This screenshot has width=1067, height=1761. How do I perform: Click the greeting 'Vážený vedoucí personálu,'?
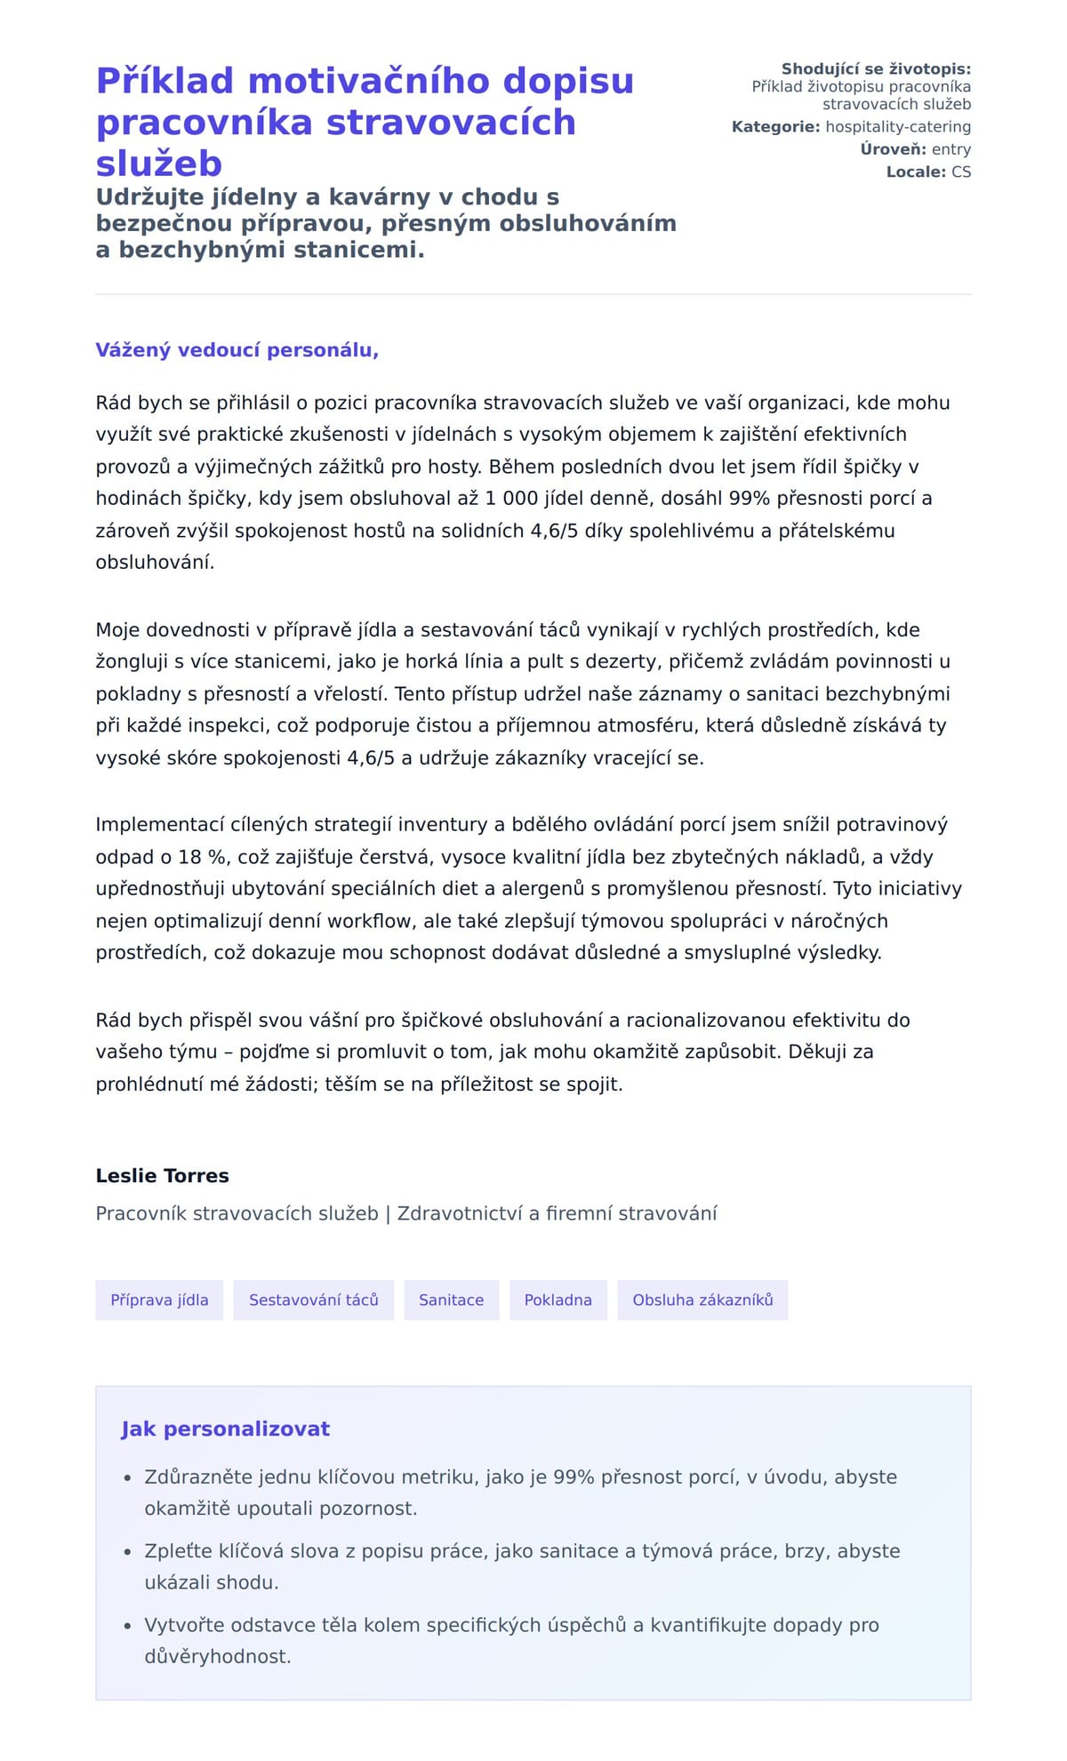(x=237, y=350)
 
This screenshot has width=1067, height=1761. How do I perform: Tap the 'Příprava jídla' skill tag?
(x=159, y=1300)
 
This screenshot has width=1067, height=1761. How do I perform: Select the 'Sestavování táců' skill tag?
(x=313, y=1300)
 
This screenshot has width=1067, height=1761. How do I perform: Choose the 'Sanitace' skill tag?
(x=451, y=1300)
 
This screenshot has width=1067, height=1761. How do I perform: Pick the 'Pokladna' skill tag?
(x=558, y=1300)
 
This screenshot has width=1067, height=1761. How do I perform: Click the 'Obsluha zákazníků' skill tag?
(x=702, y=1300)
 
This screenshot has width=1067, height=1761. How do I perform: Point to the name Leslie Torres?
(x=162, y=1176)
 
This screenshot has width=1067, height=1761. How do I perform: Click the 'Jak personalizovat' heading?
(x=225, y=1429)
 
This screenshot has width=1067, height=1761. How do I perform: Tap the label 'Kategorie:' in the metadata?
(x=775, y=127)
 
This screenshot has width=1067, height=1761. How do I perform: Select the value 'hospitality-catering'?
(x=898, y=127)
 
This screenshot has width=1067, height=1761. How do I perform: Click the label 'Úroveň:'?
(x=893, y=149)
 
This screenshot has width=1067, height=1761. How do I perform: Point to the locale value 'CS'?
(x=961, y=172)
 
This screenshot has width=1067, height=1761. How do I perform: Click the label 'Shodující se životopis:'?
(x=876, y=69)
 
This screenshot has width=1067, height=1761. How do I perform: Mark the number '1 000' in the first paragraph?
(x=510, y=499)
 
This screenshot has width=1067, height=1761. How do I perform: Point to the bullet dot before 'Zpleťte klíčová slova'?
(x=127, y=1551)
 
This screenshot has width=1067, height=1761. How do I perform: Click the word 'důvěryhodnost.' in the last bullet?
(x=218, y=1656)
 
